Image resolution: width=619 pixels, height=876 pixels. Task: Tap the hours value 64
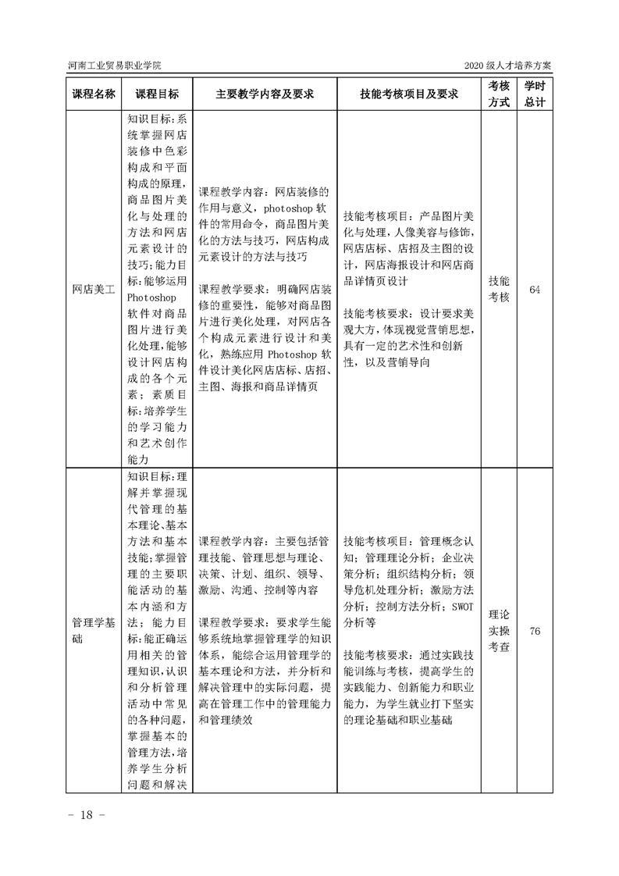tap(535, 290)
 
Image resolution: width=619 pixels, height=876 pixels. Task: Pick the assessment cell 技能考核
tap(499, 290)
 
